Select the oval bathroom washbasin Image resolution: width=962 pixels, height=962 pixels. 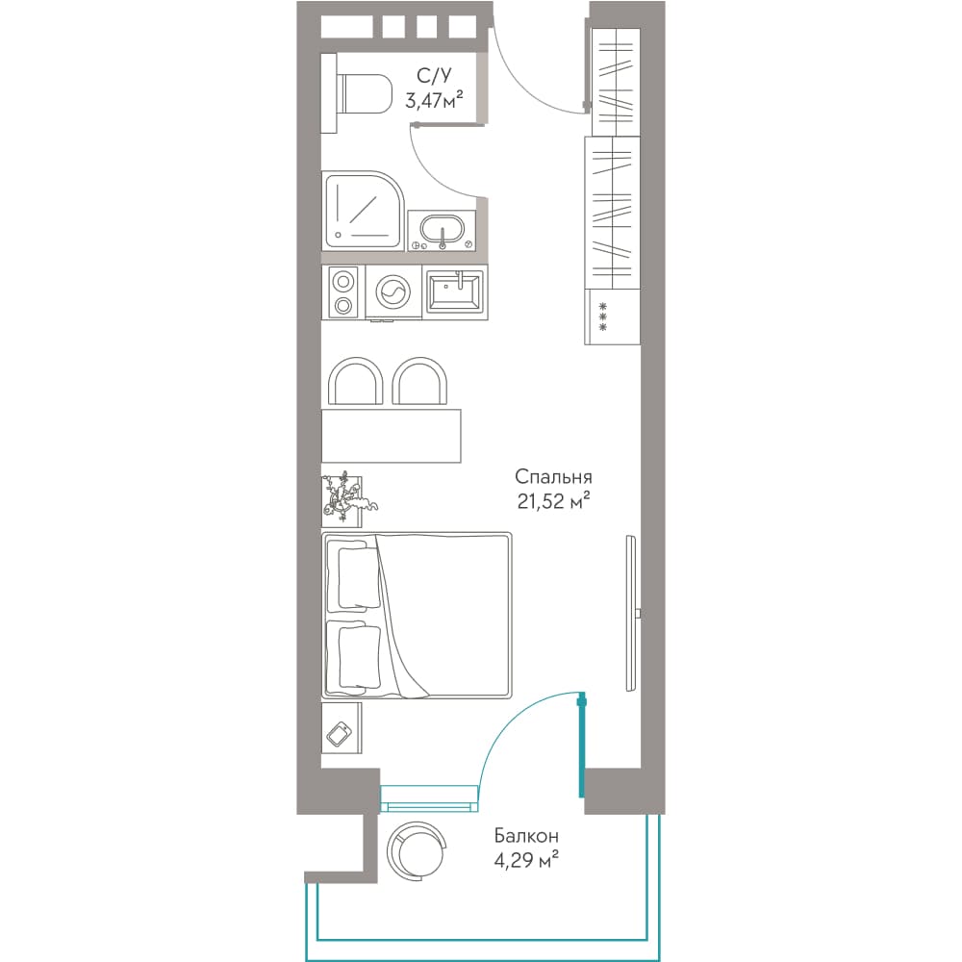(x=442, y=231)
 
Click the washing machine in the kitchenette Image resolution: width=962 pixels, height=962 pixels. (x=393, y=292)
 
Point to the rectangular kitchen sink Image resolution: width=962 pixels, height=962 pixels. (x=455, y=292)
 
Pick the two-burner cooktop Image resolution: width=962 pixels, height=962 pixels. (x=343, y=292)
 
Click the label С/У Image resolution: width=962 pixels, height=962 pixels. (x=434, y=75)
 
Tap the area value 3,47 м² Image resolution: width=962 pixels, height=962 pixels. (x=434, y=99)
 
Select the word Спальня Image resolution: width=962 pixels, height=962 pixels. (x=553, y=477)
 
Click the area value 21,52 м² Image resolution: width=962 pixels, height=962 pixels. (x=553, y=501)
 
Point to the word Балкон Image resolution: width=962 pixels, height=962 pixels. (x=526, y=836)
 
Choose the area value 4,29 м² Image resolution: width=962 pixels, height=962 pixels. (x=526, y=860)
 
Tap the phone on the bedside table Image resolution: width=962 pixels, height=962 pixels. (x=340, y=734)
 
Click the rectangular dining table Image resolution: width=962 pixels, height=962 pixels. (x=392, y=436)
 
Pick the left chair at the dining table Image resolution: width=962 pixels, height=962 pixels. (x=356, y=380)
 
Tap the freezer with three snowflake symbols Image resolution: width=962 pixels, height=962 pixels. (x=612, y=316)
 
